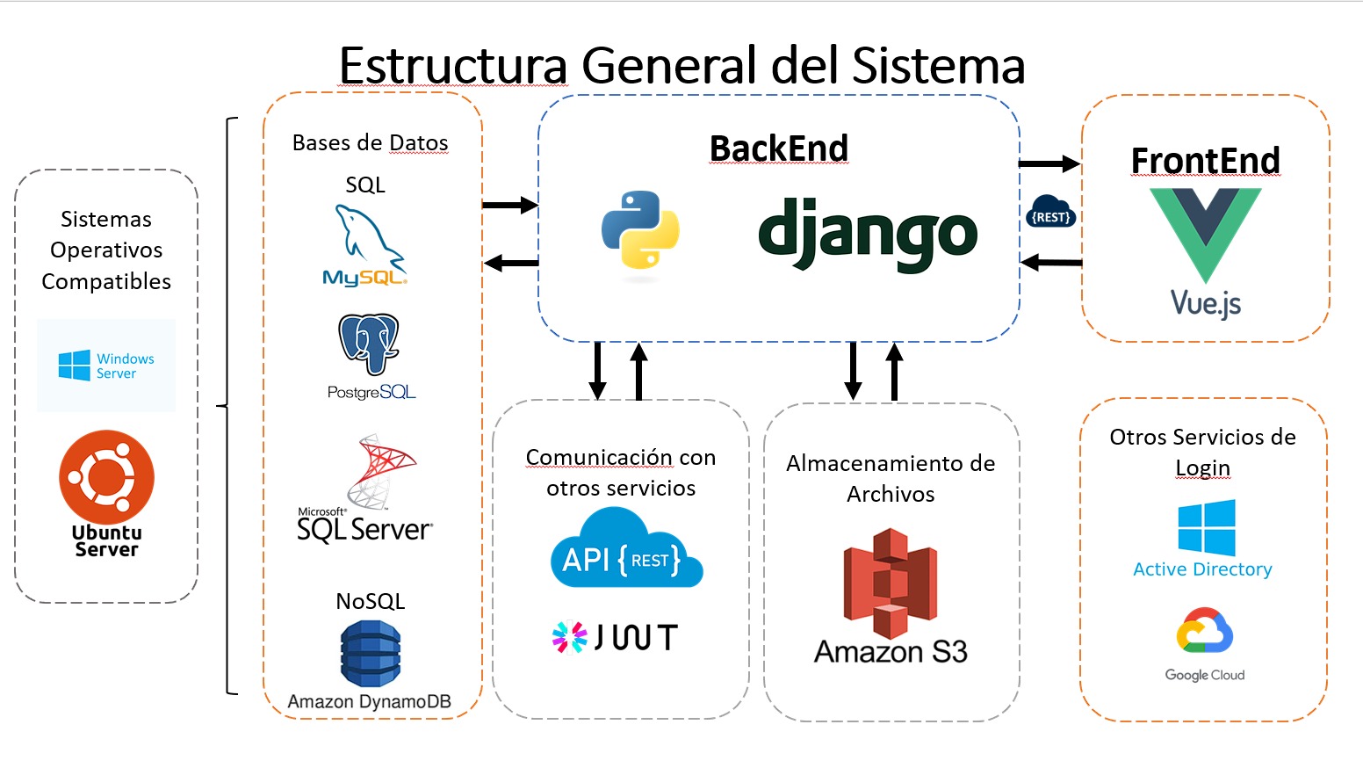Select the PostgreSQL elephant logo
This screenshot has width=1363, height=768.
[x=370, y=345]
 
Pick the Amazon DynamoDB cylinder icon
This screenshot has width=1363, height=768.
[x=371, y=654]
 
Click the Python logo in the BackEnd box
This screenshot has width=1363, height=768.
[x=640, y=229]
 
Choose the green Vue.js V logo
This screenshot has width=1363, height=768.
[x=1205, y=233]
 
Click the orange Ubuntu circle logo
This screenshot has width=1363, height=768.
[x=106, y=477]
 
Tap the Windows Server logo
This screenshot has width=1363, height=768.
[x=106, y=366]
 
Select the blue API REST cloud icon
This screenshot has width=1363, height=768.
[x=625, y=552]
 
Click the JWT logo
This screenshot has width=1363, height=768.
[x=615, y=637]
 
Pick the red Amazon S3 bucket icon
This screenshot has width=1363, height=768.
[x=890, y=583]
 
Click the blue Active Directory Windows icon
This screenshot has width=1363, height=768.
[x=1207, y=528]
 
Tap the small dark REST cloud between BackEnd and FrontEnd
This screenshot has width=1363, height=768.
[x=1050, y=213]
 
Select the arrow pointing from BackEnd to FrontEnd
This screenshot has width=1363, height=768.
[x=1049, y=163]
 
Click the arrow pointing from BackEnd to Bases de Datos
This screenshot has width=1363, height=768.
[x=511, y=263]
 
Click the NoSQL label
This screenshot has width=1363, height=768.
[x=371, y=602]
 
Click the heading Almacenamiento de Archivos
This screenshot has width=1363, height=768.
[x=891, y=479]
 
